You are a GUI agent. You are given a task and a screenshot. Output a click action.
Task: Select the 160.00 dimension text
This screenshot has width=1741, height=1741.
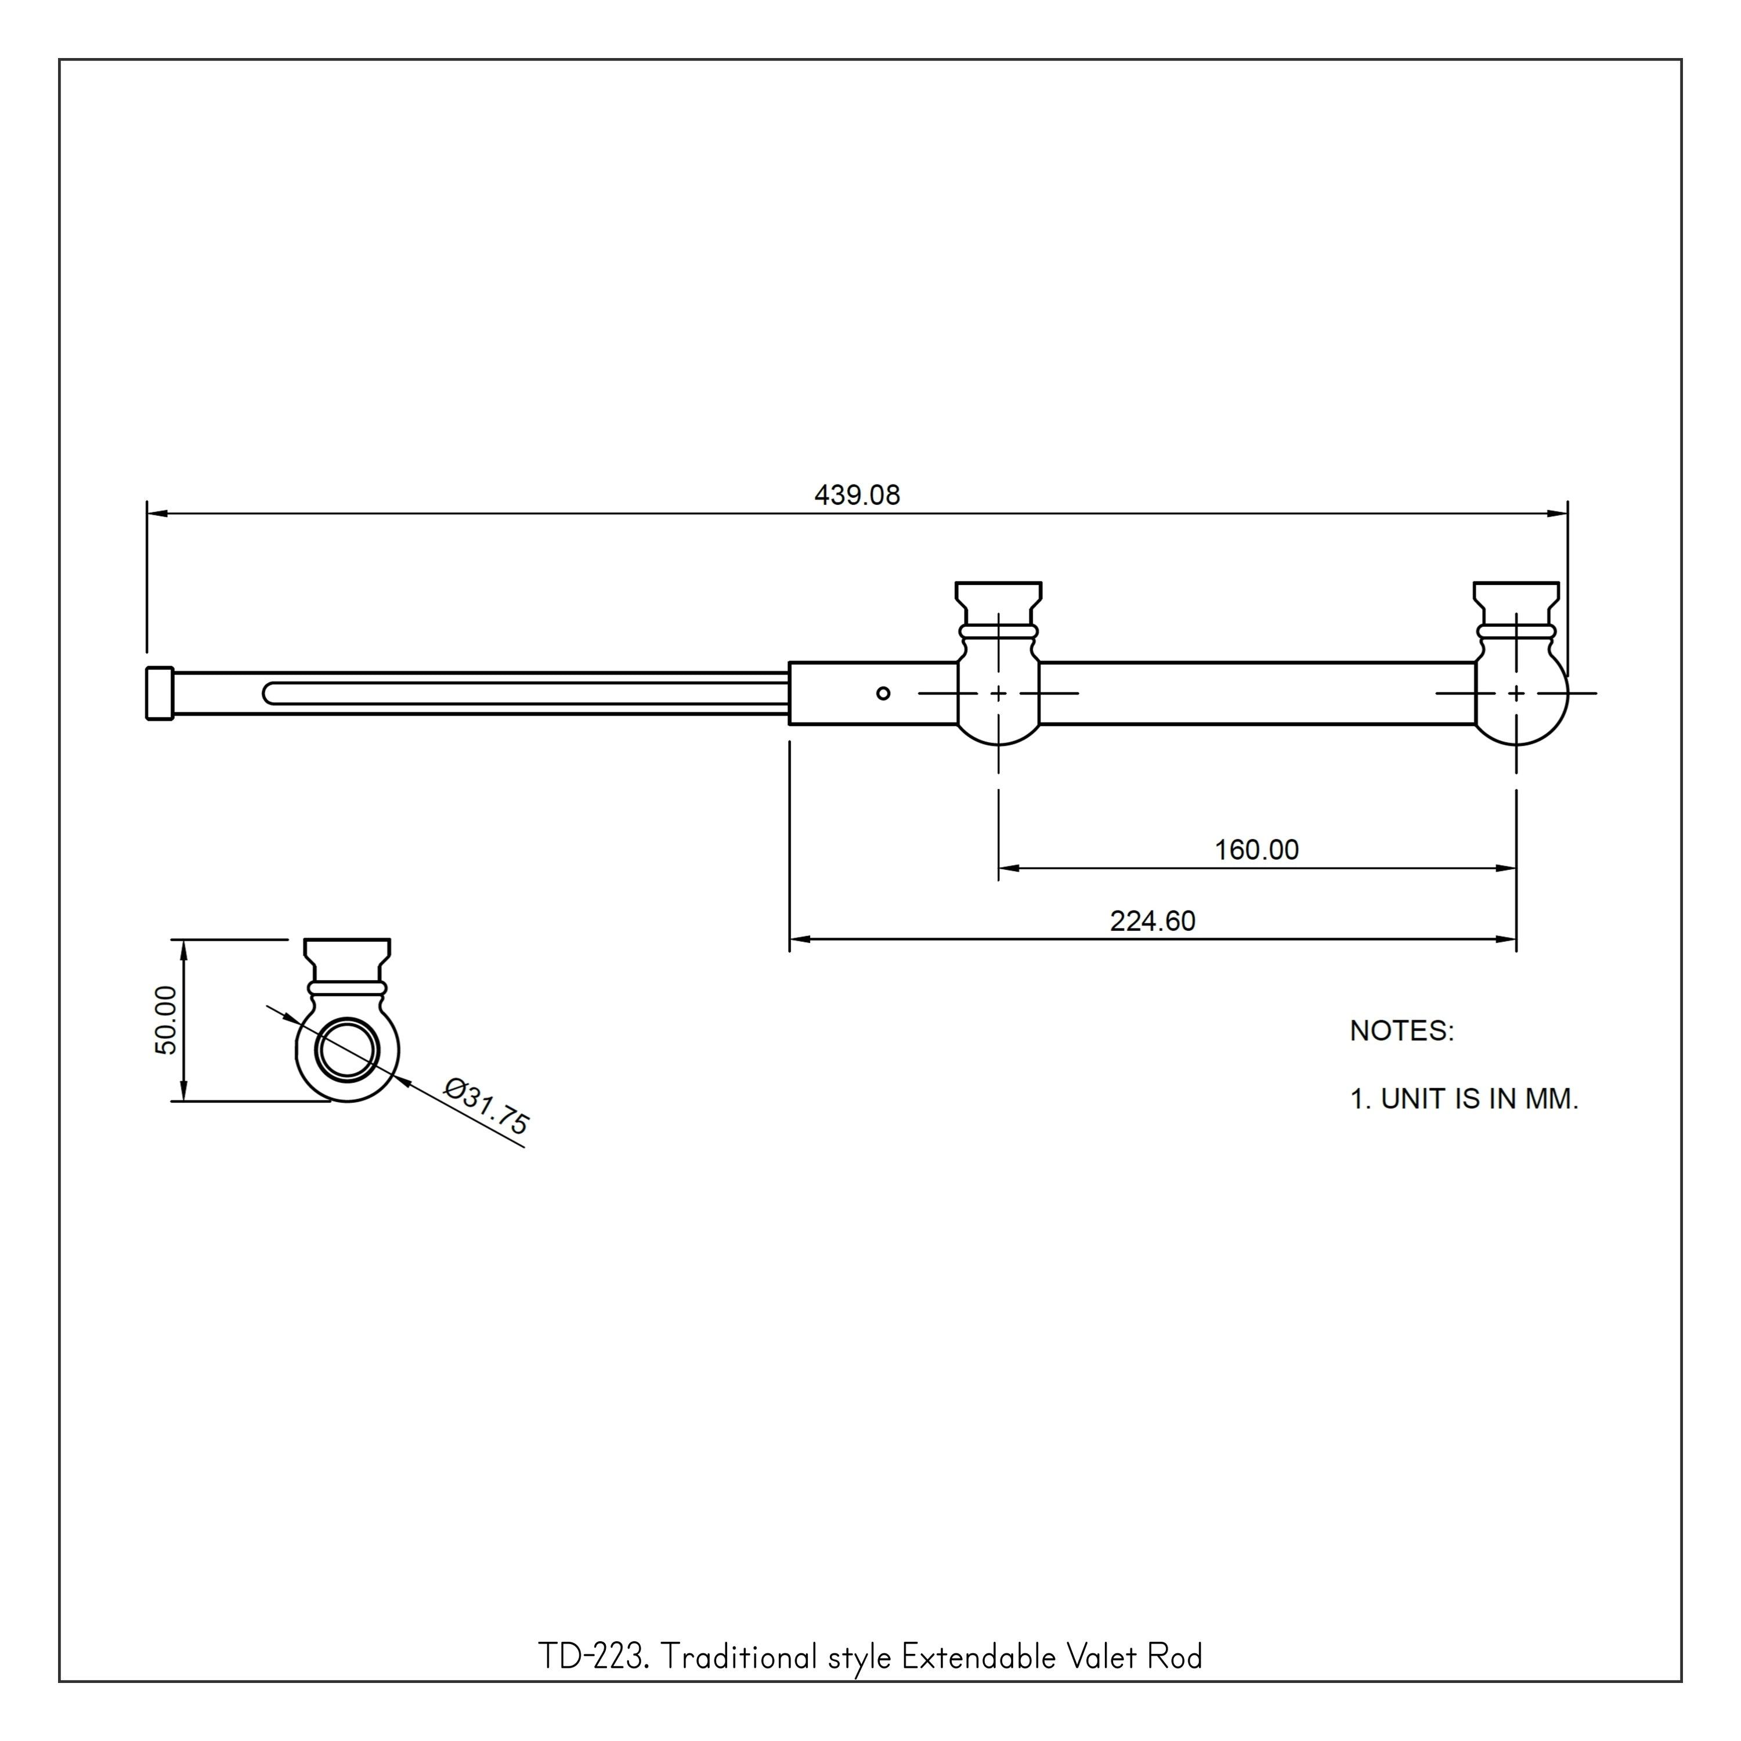coord(1256,850)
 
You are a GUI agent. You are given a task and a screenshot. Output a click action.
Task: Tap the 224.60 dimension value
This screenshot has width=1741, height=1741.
coord(1153,921)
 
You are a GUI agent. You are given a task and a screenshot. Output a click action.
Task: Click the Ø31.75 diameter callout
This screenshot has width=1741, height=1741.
coord(487,1107)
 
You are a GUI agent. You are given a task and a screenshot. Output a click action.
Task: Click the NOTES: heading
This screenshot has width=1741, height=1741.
coord(1402,1031)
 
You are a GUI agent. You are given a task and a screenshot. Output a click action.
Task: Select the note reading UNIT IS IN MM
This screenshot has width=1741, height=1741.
coord(1479,1099)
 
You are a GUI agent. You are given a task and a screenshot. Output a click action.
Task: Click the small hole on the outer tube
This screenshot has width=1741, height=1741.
coord(883,693)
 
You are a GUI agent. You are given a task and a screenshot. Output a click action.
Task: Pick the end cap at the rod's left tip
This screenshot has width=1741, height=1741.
coord(160,693)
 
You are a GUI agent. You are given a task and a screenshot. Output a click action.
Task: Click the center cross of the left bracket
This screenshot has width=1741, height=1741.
coord(998,693)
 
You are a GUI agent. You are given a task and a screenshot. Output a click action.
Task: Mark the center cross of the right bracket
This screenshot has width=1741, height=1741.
coord(1516,693)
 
